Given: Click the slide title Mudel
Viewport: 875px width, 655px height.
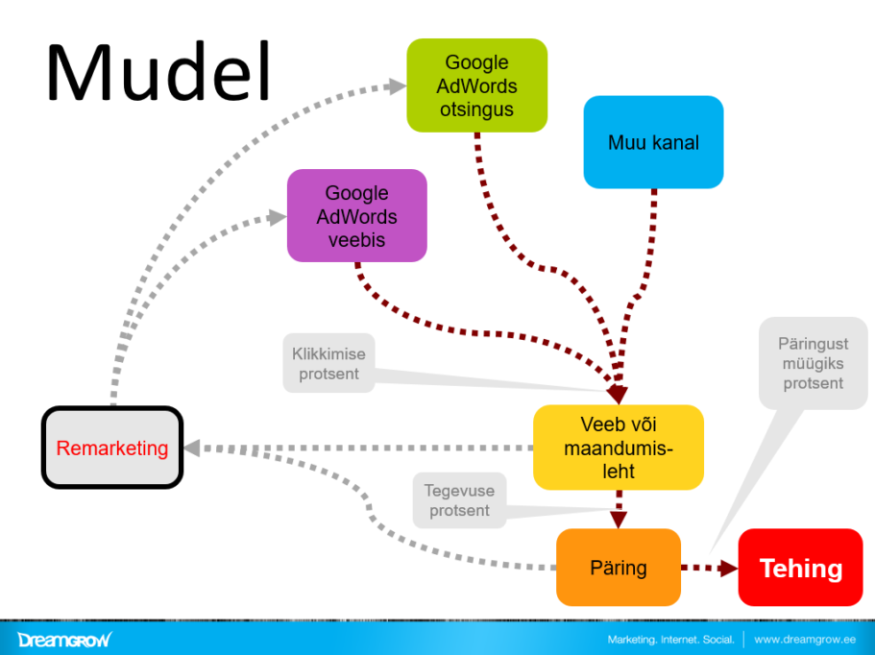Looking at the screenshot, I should [x=158, y=74].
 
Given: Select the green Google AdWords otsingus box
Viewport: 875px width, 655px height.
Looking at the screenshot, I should [x=476, y=86].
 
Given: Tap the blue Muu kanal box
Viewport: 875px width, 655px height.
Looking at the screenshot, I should [x=653, y=143].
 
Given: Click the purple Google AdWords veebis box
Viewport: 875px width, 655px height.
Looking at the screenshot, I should [x=356, y=216].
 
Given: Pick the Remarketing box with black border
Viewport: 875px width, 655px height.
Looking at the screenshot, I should [x=112, y=448].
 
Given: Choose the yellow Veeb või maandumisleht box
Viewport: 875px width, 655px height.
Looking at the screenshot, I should [x=619, y=448].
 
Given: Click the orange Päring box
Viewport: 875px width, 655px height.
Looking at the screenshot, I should [x=619, y=568].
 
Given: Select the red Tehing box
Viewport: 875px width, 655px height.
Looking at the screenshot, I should [x=800, y=568].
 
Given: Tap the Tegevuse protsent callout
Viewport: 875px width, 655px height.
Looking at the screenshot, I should [x=459, y=500].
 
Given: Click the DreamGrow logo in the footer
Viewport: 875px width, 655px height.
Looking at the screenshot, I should [x=63, y=639].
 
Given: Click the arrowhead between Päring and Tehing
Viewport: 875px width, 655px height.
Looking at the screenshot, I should [x=728, y=568].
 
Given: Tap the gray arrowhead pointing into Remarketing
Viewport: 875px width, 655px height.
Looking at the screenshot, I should [x=192, y=448].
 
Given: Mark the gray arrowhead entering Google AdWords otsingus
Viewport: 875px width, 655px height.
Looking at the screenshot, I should [x=397, y=85].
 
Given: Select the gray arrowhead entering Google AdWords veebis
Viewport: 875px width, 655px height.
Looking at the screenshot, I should [x=278, y=217].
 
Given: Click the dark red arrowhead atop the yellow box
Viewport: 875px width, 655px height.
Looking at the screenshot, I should [x=617, y=395].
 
